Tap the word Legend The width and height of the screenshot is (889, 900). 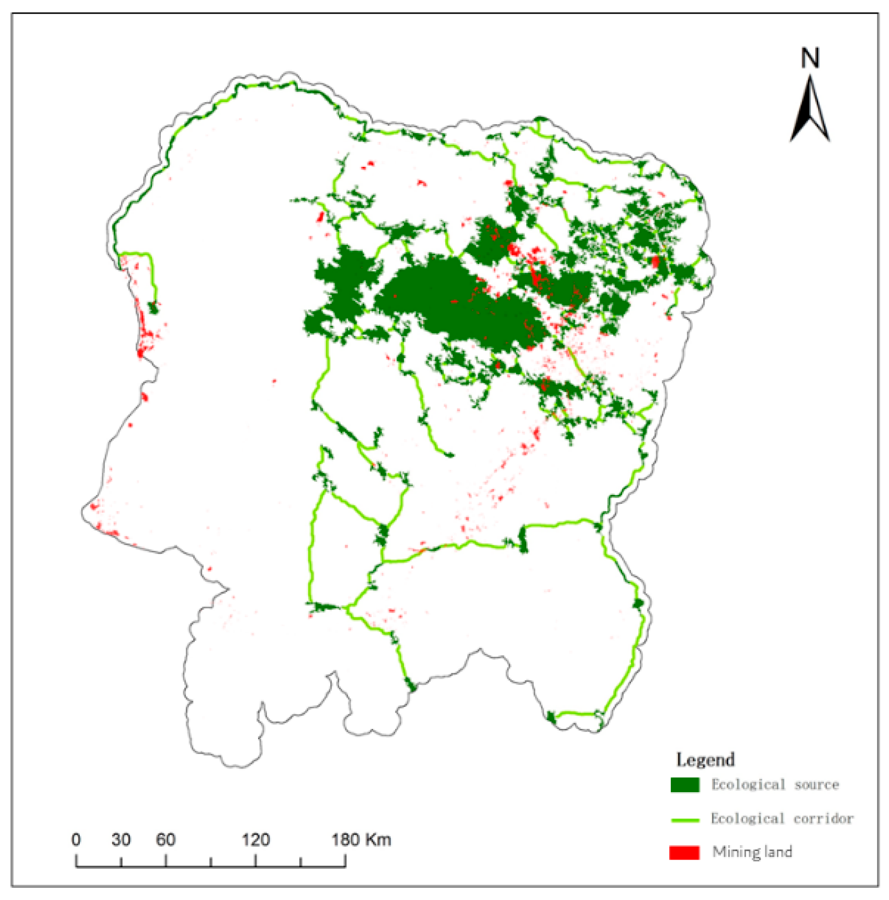tap(705, 760)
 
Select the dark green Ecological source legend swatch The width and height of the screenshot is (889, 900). tap(684, 784)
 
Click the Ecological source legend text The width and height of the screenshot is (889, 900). tap(775, 784)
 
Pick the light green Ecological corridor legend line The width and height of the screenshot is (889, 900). tap(684, 820)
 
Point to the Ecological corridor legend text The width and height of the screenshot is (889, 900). tap(782, 818)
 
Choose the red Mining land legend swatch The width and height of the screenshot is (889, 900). tap(684, 852)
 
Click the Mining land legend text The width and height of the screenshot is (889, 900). tap(752, 851)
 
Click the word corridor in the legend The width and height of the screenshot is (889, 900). tap(823, 818)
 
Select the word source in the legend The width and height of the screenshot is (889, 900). tap(816, 784)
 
